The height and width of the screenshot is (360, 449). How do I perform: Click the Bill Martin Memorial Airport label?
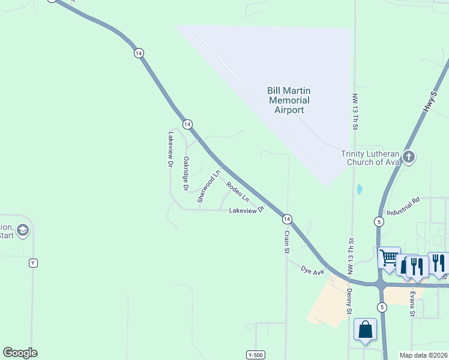pos(288,100)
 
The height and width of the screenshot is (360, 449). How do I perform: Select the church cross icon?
pos(409,157)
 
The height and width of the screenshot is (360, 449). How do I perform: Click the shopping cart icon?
pos(389,258)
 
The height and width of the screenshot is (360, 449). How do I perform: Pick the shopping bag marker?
pos(365,329)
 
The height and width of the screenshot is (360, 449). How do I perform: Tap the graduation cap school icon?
pos(23,230)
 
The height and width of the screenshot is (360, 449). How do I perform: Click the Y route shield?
pos(33,263)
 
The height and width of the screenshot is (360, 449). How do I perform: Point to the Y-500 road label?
pos(256,355)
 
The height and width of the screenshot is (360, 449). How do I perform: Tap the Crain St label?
pos(288,241)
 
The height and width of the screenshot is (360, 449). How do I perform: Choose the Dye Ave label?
pos(313,272)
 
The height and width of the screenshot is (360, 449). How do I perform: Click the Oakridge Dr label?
pos(187,174)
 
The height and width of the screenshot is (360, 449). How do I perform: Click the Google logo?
pos(20,353)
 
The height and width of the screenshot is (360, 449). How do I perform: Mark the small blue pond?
pos(360,190)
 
